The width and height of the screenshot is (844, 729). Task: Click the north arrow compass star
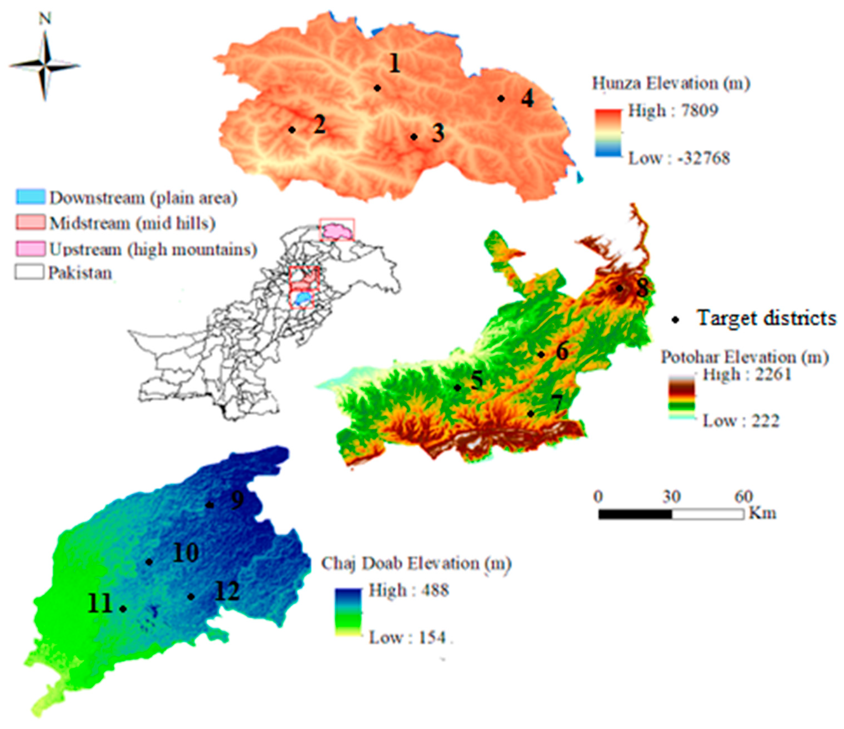(45, 66)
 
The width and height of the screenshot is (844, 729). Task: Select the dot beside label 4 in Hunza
(501, 99)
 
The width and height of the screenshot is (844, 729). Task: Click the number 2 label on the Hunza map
(319, 124)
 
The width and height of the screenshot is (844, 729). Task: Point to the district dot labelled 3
(413, 137)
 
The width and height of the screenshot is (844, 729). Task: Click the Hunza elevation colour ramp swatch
(608, 133)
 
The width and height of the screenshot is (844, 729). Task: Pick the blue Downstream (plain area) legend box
(30, 197)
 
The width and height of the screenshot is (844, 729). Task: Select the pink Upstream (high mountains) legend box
(30, 248)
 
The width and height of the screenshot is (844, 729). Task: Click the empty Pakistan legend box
(29, 272)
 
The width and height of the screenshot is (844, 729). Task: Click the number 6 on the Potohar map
(562, 351)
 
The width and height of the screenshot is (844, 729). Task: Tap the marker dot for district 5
(457, 388)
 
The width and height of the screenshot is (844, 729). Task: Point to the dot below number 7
(531, 414)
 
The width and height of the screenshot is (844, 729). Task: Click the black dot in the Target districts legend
(676, 320)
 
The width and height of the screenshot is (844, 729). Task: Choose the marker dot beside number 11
(123, 608)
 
